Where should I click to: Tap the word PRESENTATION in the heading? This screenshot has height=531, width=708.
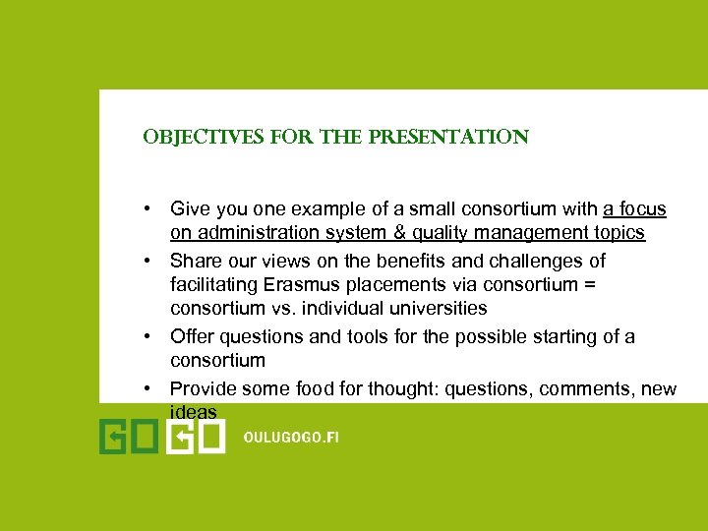coord(457,138)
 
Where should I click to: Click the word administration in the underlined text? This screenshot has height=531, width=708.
coord(250,233)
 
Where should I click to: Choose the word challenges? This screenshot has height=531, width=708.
coord(531,261)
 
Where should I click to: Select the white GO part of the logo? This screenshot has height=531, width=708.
coord(195,437)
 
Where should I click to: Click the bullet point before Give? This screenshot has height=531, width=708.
coord(146,209)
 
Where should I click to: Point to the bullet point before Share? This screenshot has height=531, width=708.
coord(146,262)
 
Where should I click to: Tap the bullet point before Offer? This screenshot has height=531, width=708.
coord(146,337)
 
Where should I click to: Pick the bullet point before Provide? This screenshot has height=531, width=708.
coord(146,389)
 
